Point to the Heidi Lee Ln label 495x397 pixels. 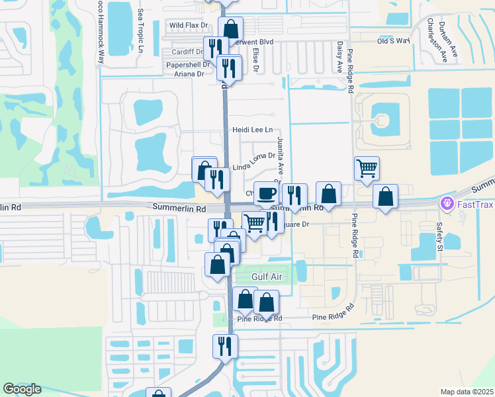coord(252,130)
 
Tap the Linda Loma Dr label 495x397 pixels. coord(253,156)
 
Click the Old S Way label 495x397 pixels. coord(394,41)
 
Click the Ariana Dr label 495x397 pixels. coord(189,74)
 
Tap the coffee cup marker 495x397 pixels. coord(266,193)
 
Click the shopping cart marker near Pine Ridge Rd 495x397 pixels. coord(367,168)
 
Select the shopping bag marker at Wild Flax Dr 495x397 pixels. coord(230,28)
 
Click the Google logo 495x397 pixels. coord(22,389)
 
